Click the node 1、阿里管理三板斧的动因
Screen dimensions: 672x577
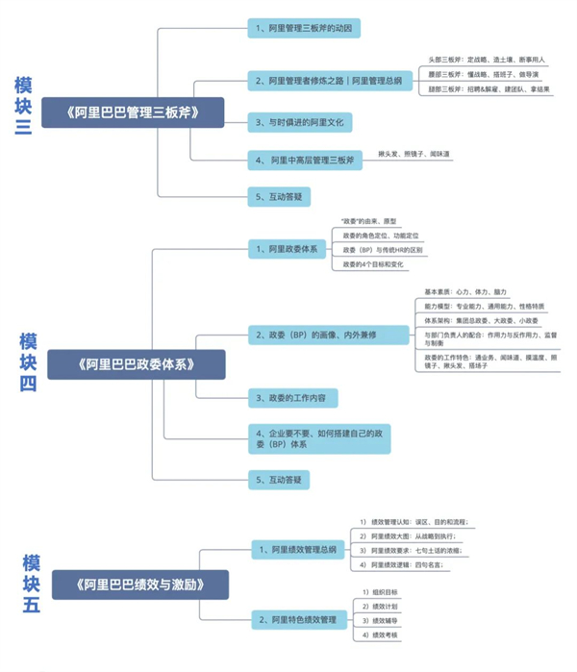pyautogui.click(x=305, y=29)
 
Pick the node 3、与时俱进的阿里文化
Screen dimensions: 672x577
pyautogui.click(x=303, y=122)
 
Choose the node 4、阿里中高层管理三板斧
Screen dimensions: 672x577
pyautogui.click(x=305, y=159)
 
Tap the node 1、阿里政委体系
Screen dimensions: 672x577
pyautogui.click(x=286, y=249)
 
